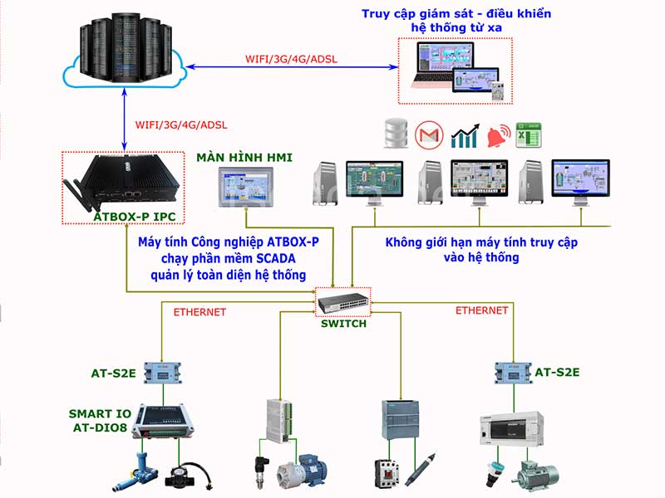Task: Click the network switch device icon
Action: click(x=342, y=302)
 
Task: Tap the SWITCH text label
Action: click(x=343, y=324)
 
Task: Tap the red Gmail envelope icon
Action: click(x=429, y=134)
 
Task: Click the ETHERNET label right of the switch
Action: click(x=481, y=310)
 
